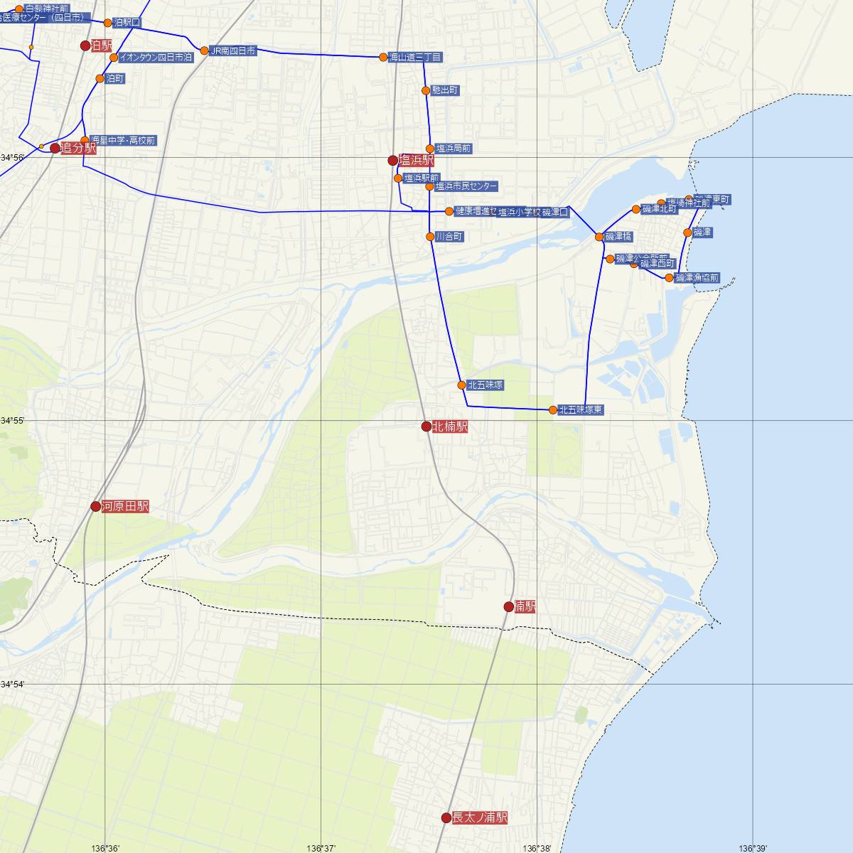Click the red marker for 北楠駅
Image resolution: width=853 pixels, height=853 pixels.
[x=426, y=426]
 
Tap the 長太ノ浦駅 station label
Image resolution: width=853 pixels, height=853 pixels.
[x=480, y=817]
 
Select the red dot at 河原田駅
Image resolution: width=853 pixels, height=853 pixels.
[x=96, y=506]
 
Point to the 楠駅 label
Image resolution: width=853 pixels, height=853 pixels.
[x=525, y=606]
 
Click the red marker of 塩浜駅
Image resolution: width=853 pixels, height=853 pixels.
[x=392, y=161]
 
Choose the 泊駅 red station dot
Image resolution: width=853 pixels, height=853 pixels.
[x=85, y=45]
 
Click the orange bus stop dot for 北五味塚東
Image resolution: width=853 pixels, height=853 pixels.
[x=553, y=409]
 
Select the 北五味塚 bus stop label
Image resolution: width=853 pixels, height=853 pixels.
[x=486, y=385]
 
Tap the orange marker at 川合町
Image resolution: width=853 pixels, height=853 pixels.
[x=430, y=237]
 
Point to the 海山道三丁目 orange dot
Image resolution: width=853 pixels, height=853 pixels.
[x=383, y=57]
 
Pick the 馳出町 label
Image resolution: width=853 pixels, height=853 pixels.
[x=445, y=90]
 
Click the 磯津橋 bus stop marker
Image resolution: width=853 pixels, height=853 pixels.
[x=599, y=237]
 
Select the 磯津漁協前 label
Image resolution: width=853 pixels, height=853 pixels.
[x=697, y=277]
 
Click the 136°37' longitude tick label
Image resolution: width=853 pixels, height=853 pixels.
[x=321, y=848]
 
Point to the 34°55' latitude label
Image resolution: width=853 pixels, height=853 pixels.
[x=13, y=421]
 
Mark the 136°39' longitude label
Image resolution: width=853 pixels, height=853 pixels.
[x=753, y=848]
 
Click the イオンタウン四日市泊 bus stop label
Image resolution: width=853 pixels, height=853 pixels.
[x=156, y=57]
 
